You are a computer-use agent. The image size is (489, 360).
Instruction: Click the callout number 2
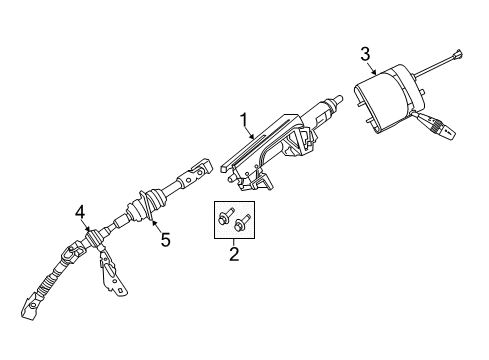(x=234, y=256)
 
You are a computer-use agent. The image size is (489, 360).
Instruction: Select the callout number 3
(x=365, y=52)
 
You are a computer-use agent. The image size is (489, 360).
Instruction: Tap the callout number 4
(x=79, y=210)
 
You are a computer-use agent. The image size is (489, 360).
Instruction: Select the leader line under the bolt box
(x=234, y=241)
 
